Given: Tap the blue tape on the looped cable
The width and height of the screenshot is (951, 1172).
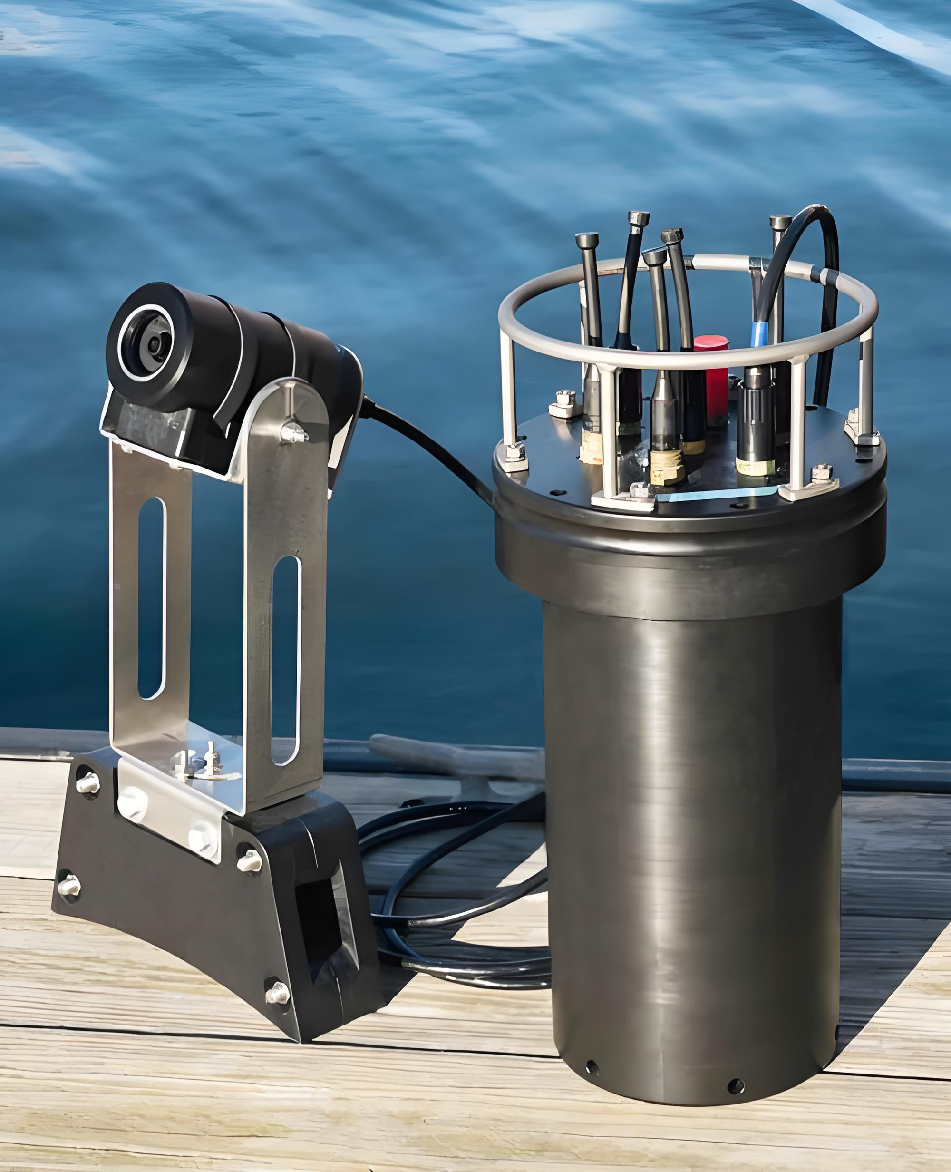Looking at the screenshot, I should [x=760, y=334].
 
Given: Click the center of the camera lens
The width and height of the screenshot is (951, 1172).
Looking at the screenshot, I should [x=154, y=344].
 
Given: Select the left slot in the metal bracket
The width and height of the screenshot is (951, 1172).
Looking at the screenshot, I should [x=152, y=598].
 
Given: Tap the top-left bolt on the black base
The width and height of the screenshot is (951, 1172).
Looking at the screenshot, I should [x=87, y=783].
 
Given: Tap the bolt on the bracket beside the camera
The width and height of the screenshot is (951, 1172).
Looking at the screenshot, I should [x=294, y=433].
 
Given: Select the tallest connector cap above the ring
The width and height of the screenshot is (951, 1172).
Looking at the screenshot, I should [x=639, y=219].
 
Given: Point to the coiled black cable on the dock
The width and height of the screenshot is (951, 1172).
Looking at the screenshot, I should [x=466, y=899].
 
